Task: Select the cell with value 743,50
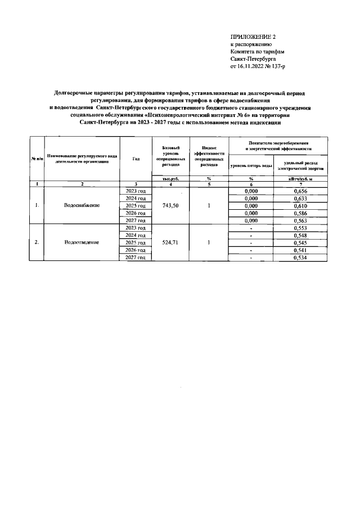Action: tap(170, 206)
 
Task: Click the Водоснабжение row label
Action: tap(82, 206)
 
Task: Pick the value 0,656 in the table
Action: tap(299, 191)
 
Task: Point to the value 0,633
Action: tap(299, 199)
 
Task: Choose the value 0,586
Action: tap(299, 213)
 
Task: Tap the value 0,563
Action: tap(299, 220)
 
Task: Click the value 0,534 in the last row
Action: tap(299, 257)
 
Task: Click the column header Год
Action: tap(136, 159)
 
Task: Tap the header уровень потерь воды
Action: tap(251, 166)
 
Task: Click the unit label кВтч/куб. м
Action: tap(299, 178)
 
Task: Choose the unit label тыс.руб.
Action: tap(170, 178)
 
